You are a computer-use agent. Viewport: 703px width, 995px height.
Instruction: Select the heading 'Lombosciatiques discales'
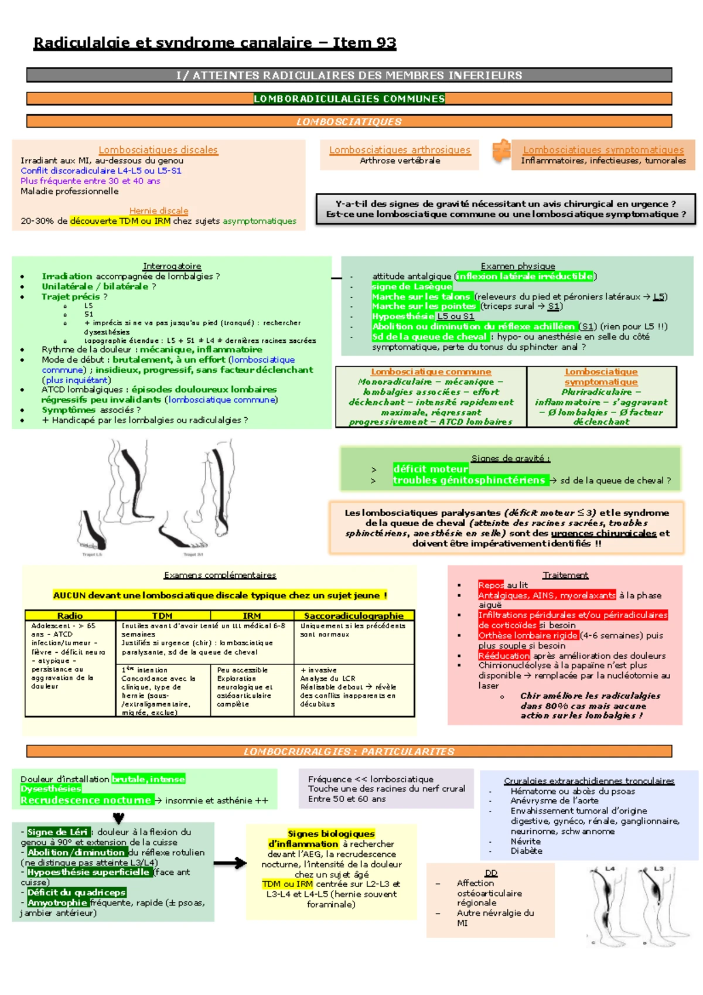[158, 150]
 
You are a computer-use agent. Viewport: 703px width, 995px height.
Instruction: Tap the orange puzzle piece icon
[501, 151]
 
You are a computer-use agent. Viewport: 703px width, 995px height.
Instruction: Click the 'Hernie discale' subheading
[159, 210]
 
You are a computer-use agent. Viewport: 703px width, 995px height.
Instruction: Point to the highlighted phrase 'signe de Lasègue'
[412, 287]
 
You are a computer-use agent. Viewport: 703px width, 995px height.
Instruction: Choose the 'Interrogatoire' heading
[172, 266]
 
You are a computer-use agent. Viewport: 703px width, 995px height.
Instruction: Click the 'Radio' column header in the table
[70, 615]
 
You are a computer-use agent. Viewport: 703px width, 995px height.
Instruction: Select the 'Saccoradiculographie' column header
[354, 615]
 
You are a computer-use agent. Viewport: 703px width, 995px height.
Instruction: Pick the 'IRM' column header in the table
[252, 615]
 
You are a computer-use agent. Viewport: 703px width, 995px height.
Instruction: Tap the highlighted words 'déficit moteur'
[431, 469]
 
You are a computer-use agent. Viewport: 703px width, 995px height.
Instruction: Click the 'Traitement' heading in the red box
[565, 575]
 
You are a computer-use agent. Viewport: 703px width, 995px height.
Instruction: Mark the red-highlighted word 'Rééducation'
[504, 656]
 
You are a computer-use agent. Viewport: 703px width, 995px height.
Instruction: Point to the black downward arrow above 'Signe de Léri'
[118, 818]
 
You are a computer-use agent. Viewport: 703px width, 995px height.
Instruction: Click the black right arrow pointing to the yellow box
[230, 863]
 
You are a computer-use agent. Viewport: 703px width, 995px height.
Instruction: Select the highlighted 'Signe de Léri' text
[57, 832]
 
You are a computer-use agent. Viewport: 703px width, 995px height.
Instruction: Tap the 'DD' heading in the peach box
[491, 873]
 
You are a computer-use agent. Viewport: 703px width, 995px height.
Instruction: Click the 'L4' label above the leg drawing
[610, 868]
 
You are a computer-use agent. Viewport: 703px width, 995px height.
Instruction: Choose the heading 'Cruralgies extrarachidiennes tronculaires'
[589, 781]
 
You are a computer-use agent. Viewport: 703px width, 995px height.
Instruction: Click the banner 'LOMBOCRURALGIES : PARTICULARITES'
[349, 751]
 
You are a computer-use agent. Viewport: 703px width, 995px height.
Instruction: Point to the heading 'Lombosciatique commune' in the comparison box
[431, 372]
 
